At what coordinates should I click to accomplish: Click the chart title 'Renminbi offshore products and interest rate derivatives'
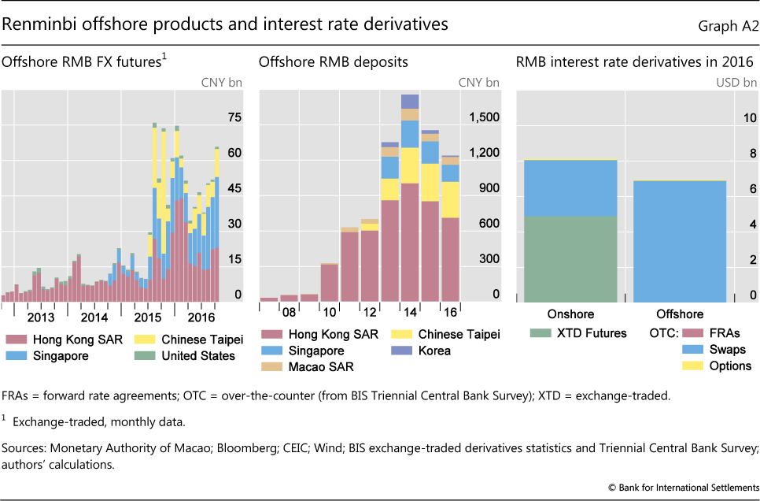(x=225, y=24)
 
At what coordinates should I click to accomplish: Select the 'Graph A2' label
(x=728, y=26)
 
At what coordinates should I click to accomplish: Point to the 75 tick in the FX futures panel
(x=234, y=118)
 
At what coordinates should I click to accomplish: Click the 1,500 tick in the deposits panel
(x=483, y=118)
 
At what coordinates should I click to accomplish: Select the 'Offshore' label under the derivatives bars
(x=681, y=314)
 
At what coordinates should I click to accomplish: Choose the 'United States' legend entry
(x=197, y=356)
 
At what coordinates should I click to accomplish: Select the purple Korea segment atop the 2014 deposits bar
(x=410, y=101)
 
